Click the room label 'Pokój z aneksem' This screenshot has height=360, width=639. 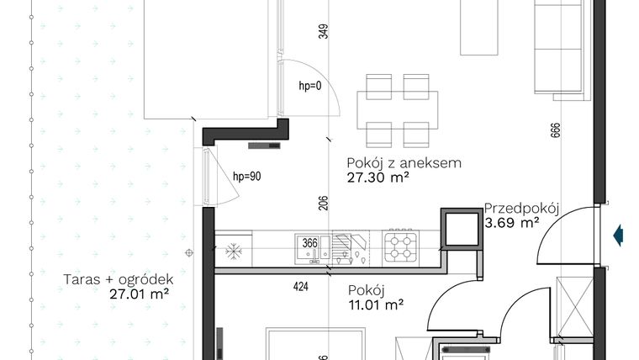[x=404, y=163]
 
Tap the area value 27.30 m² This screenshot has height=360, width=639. [x=378, y=177]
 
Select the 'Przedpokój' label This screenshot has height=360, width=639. [x=522, y=209]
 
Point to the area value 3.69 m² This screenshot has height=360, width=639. [x=512, y=224]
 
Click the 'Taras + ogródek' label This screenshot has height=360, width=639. [x=119, y=280]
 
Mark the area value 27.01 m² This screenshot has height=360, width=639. [x=140, y=294]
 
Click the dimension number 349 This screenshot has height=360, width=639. [x=324, y=32]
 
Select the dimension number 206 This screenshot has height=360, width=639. [x=324, y=204]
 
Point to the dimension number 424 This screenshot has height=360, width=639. [x=301, y=287]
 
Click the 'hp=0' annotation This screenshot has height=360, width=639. [x=310, y=86]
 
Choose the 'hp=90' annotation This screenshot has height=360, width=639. [x=246, y=177]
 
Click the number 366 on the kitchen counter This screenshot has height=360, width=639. [x=309, y=244]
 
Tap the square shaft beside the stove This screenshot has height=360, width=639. [x=460, y=228]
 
